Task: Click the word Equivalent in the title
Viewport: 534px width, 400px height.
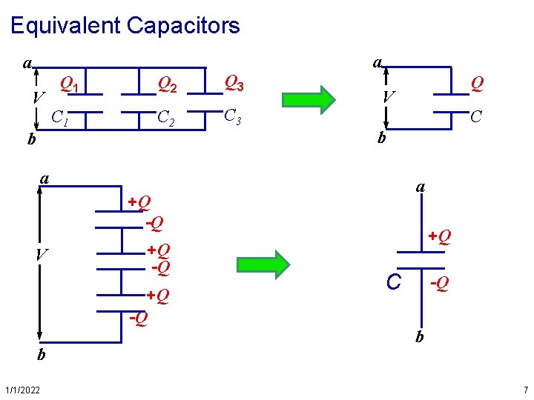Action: tap(65, 26)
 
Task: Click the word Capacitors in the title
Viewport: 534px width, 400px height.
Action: tap(183, 26)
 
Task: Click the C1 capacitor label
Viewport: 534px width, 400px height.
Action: tap(60, 116)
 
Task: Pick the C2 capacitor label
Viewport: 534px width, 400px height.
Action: tap(167, 117)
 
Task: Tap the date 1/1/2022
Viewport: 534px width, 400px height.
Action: tap(23, 390)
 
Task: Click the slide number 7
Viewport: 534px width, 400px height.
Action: tap(525, 390)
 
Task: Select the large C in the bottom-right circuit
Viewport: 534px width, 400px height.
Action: tap(394, 281)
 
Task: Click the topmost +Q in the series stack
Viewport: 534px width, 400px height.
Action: tap(139, 201)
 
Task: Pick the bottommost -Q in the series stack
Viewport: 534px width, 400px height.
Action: tap(138, 319)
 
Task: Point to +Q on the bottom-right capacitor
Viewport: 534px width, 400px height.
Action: tap(439, 237)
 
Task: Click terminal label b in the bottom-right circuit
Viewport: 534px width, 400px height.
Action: tap(420, 337)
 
